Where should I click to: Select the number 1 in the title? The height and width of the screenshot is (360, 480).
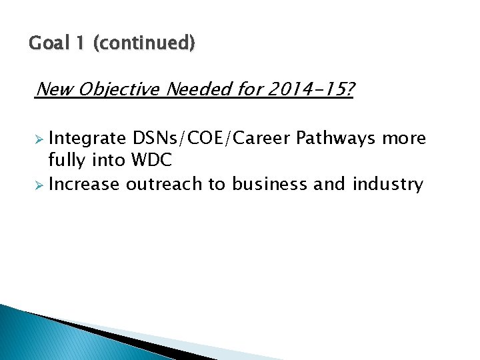click(80, 44)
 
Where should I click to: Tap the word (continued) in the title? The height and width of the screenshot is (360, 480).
click(144, 44)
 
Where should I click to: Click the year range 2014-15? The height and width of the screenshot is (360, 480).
click(311, 89)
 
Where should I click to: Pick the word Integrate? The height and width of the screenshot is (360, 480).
click(87, 139)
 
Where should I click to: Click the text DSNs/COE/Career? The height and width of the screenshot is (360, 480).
click(211, 139)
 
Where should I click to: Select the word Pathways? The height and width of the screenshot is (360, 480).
click(337, 139)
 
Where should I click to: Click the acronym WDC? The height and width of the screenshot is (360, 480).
click(153, 161)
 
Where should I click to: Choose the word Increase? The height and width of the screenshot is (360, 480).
click(85, 184)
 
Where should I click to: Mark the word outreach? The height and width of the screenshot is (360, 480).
click(165, 184)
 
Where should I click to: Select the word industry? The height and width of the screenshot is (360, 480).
click(390, 184)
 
